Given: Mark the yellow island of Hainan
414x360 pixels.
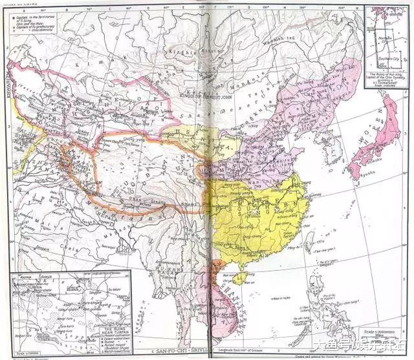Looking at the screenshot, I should [241, 279].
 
